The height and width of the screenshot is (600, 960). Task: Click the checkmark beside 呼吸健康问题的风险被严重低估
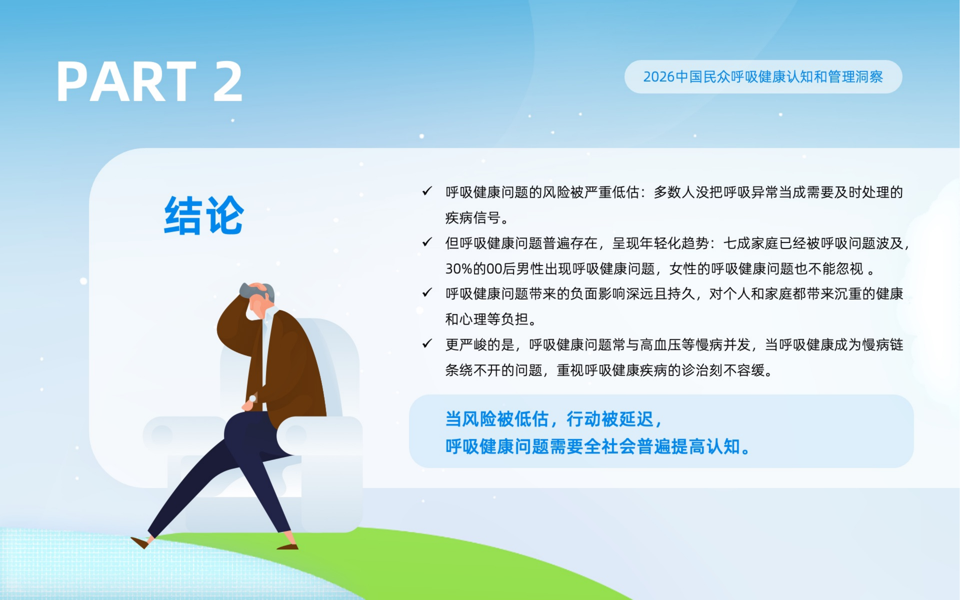pyautogui.click(x=427, y=191)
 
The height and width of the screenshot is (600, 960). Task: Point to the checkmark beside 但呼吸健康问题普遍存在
pyautogui.click(x=427, y=242)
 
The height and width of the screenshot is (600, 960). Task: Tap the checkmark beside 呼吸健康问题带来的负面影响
pyautogui.click(x=427, y=293)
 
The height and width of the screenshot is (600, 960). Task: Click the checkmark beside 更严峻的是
pyautogui.click(x=427, y=344)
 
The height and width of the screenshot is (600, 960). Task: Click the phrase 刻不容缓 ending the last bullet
pyautogui.click(x=737, y=370)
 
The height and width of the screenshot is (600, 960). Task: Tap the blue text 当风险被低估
pyautogui.click(x=497, y=419)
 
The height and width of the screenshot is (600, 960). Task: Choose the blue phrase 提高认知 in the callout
pyautogui.click(x=705, y=447)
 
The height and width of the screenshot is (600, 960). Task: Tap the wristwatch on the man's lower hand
pyautogui.click(x=253, y=399)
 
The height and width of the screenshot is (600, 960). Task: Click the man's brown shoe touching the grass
pyautogui.click(x=288, y=547)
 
